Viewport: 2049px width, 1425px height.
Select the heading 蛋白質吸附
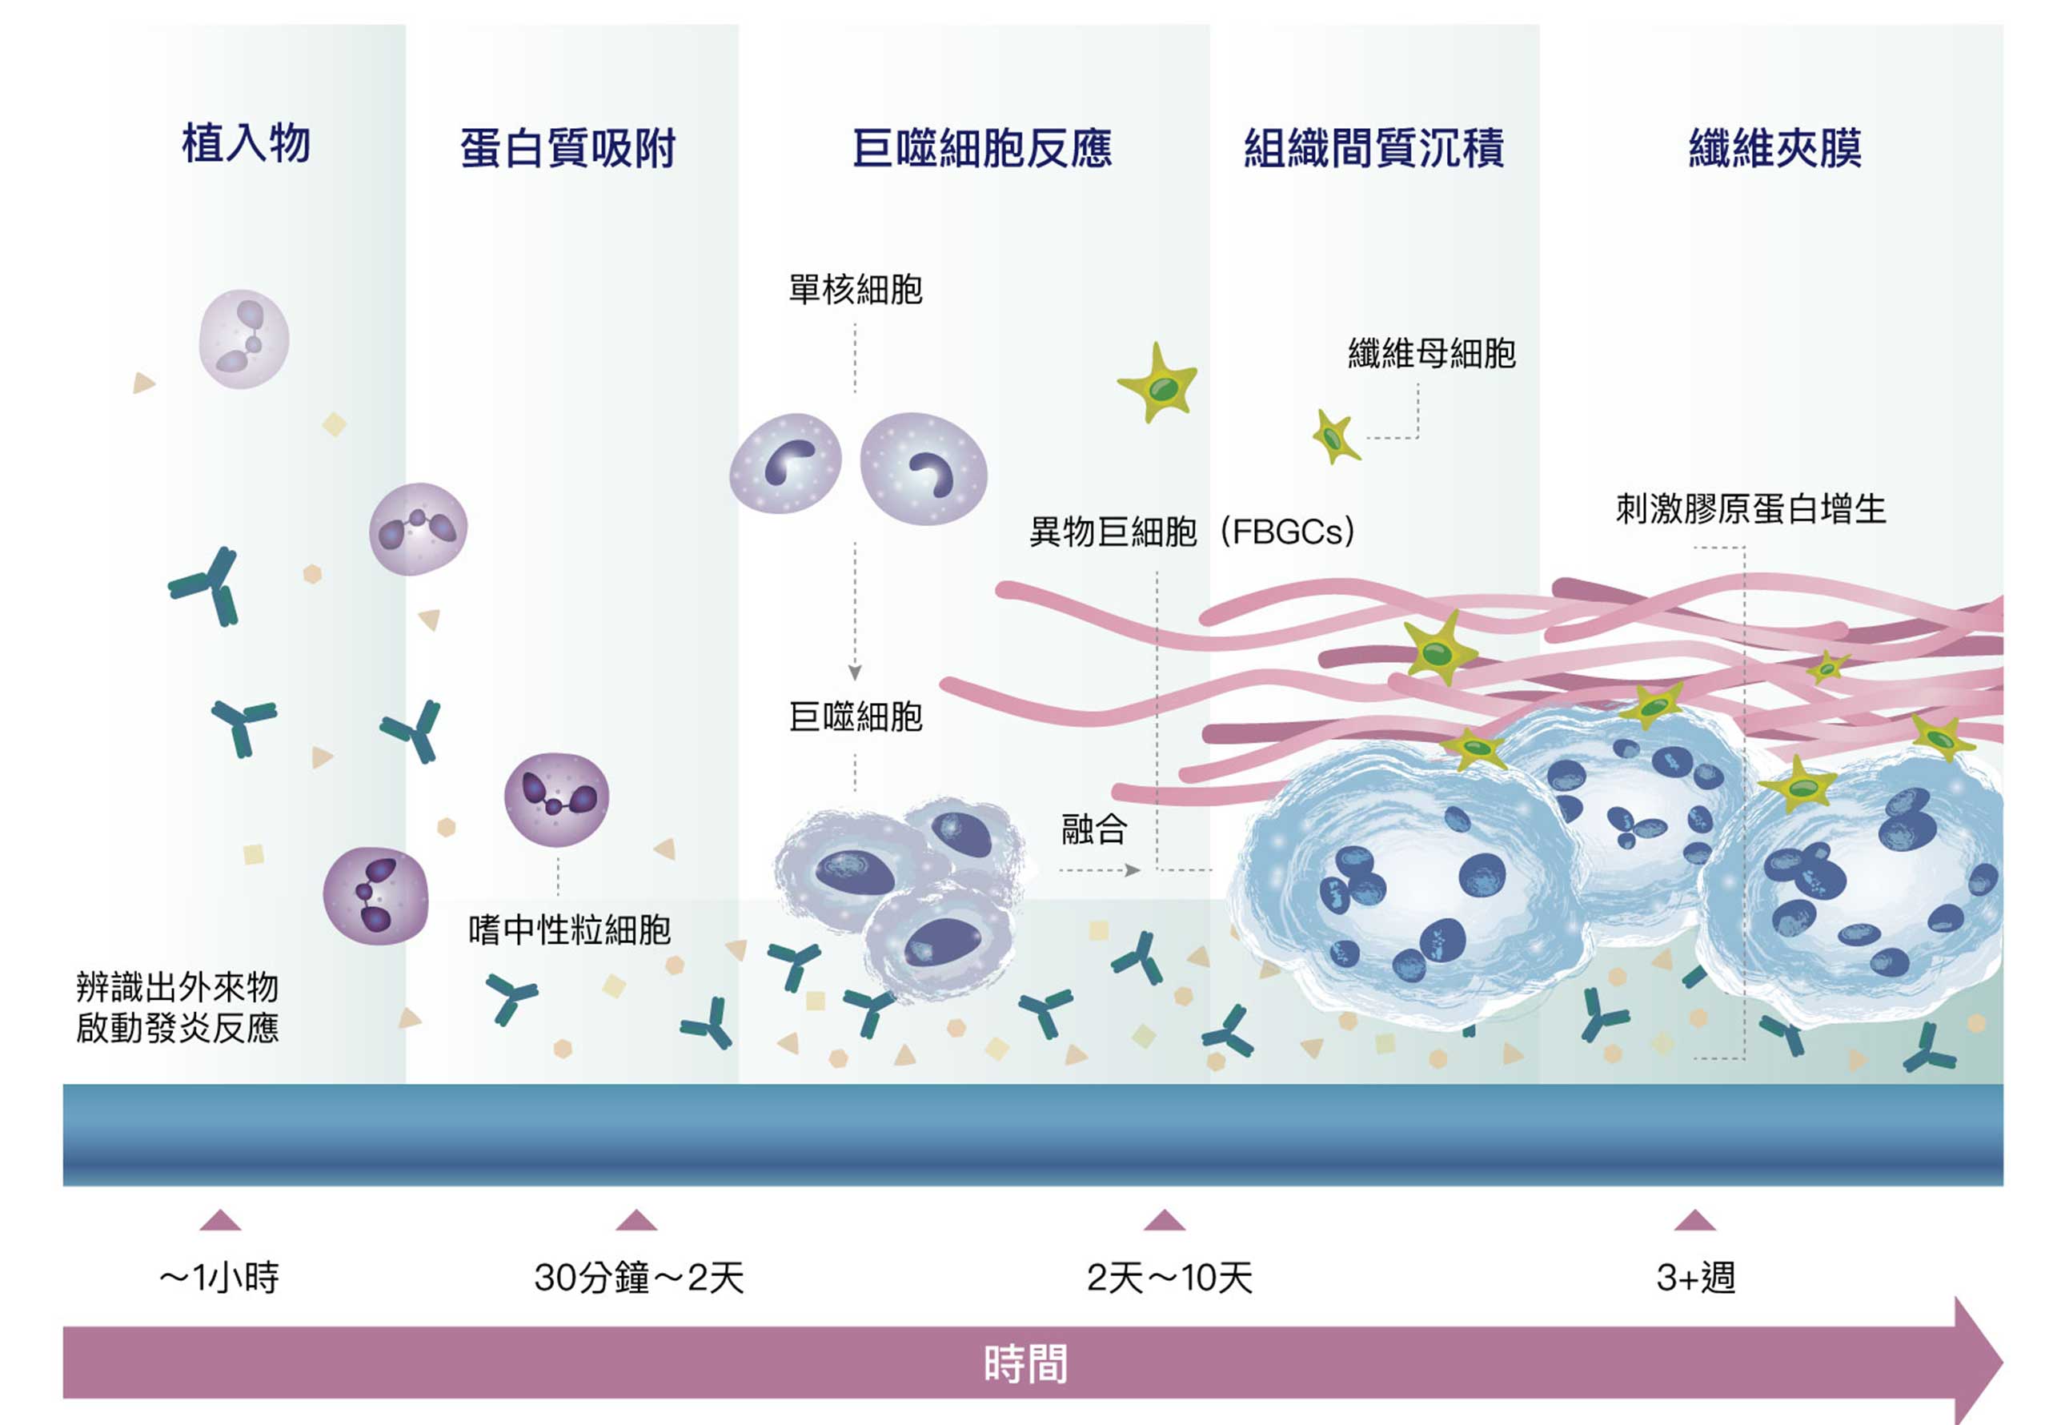click(567, 148)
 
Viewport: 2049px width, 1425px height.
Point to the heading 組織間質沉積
click(1374, 148)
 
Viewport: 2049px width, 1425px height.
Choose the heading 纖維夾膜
click(1775, 148)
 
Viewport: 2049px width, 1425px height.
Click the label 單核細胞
click(855, 289)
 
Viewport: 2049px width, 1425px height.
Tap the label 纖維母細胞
click(1431, 354)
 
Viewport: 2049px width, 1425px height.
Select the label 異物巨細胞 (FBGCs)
click(1193, 532)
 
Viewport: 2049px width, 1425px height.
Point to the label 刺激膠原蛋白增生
click(1751, 509)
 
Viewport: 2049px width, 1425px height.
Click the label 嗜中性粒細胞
click(569, 930)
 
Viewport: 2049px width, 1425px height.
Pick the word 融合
click(1094, 829)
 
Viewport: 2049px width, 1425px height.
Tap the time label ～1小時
click(219, 1278)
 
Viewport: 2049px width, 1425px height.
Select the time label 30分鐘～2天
click(639, 1278)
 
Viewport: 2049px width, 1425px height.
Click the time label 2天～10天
click(1169, 1278)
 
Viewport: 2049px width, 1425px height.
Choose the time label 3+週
click(1695, 1278)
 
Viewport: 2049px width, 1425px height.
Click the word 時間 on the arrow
click(1025, 1363)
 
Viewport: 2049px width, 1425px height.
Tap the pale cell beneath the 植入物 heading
click(243, 339)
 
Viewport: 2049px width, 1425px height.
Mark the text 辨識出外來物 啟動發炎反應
click(177, 1007)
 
